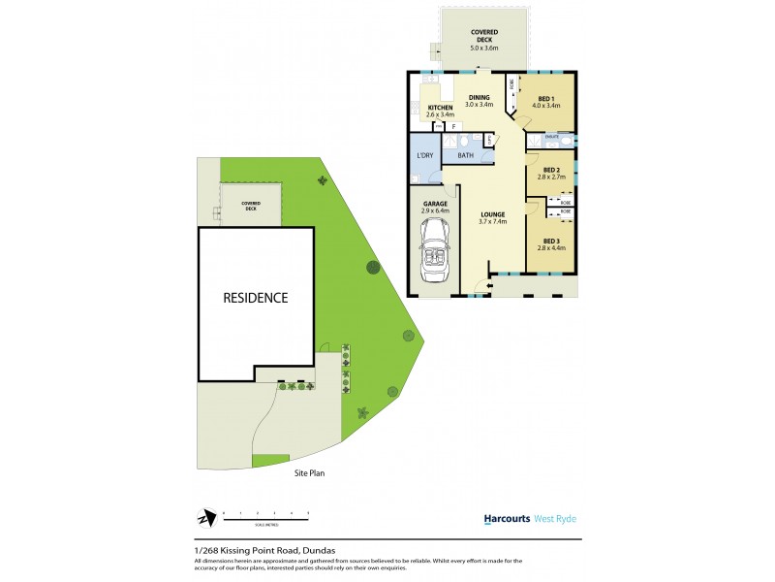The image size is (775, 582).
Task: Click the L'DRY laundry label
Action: point(423,155)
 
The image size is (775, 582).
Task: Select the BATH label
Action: point(465,154)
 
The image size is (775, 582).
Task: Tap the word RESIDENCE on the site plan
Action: point(256,298)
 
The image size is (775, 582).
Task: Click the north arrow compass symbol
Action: point(204,516)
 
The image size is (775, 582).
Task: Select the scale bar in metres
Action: point(265,514)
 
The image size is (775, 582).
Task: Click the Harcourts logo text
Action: point(507,519)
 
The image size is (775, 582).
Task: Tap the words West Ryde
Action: point(555,519)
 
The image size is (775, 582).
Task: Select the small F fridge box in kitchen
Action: point(453,126)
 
